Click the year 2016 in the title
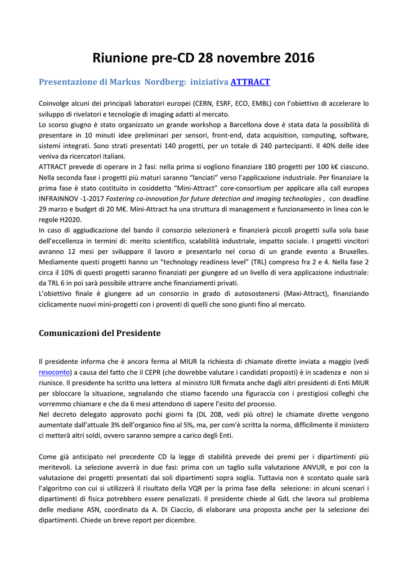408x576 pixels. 295,58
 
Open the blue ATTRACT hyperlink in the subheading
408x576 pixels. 250,82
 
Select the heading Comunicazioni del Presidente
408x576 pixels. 100,333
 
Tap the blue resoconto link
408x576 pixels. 55,372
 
